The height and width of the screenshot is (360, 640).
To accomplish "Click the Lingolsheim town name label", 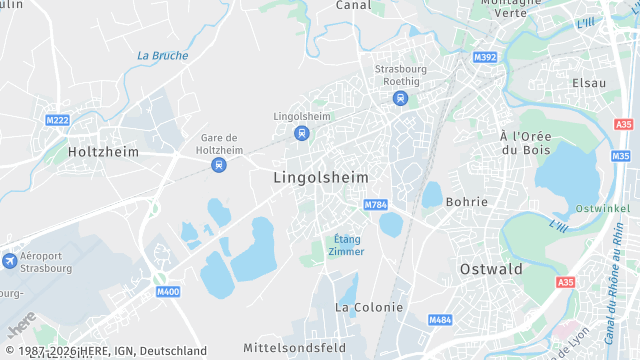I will click(320, 177).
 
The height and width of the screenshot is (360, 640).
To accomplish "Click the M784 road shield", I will click(376, 205).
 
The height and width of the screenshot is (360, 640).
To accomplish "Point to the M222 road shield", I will click(58, 120).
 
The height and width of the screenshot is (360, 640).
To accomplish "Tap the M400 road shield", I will click(168, 292).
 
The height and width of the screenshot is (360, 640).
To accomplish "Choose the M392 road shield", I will click(485, 57).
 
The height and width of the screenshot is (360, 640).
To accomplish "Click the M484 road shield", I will click(440, 320).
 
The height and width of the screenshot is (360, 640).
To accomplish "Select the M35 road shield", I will click(621, 156).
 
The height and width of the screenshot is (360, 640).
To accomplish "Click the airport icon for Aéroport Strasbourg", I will click(10, 261).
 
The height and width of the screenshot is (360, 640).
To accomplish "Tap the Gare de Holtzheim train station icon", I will click(218, 165).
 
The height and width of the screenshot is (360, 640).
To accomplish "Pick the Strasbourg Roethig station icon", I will click(400, 98).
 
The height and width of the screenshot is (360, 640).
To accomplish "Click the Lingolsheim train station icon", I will click(301, 133).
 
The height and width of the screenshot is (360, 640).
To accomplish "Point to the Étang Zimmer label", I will click(346, 245).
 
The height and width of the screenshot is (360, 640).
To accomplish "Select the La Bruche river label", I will click(162, 56).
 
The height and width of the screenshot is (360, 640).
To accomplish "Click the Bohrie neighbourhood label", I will click(466, 202).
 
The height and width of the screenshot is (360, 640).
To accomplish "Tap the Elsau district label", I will click(589, 82).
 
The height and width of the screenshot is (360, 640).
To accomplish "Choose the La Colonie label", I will click(369, 307).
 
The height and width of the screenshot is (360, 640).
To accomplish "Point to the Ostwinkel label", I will click(602, 208).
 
